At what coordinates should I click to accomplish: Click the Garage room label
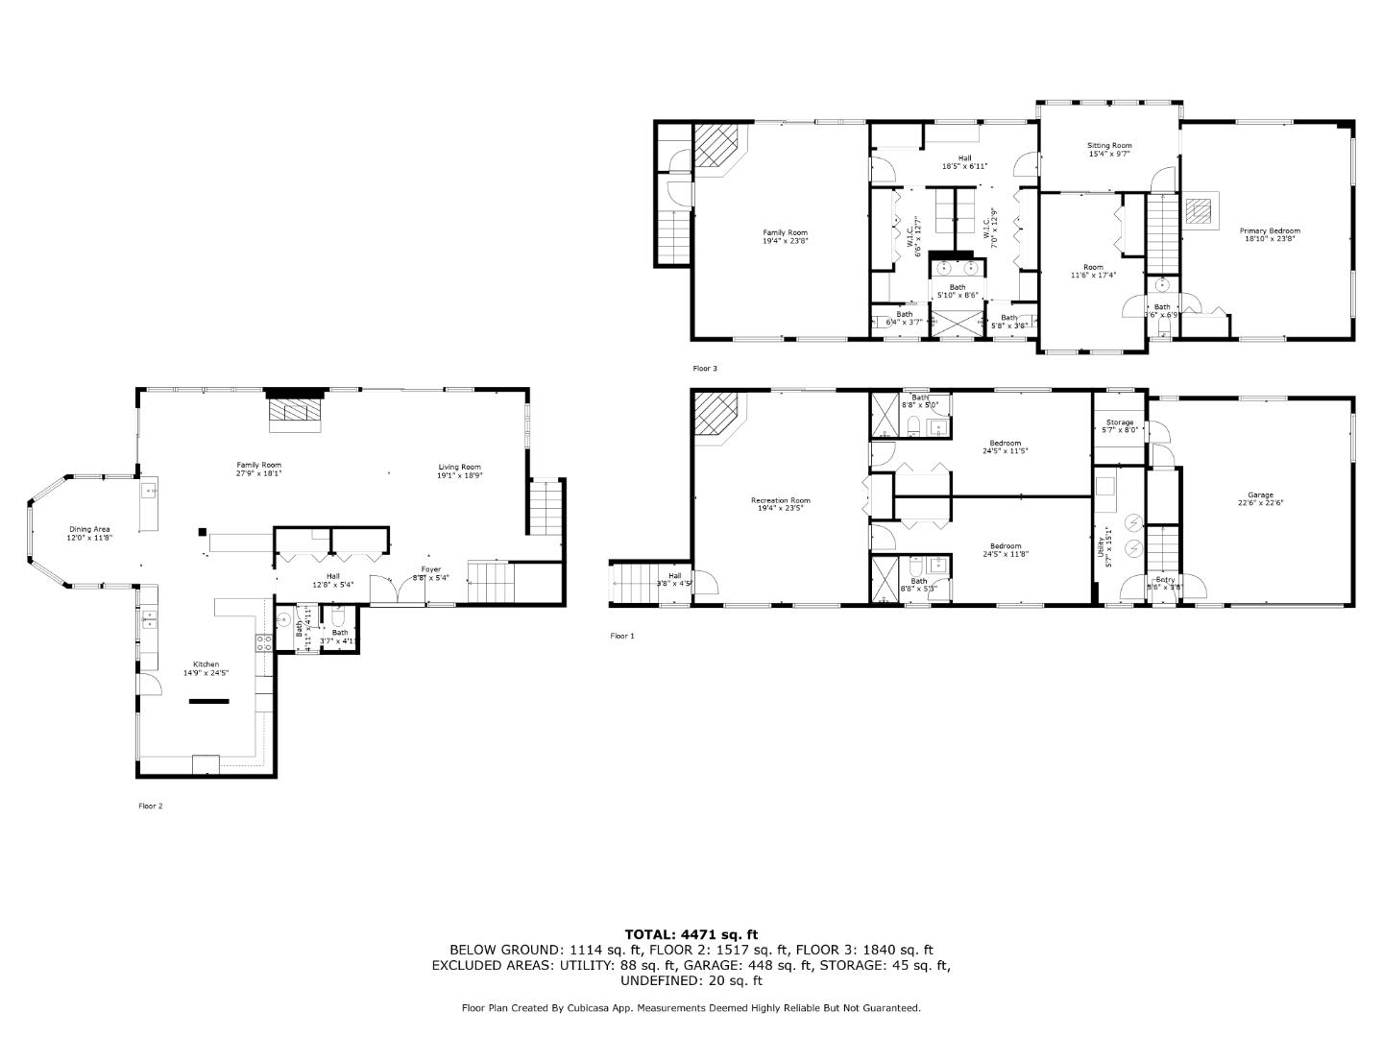1260,494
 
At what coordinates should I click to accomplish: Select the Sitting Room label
1109,146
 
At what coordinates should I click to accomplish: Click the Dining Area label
89,529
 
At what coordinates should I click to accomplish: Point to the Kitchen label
206,664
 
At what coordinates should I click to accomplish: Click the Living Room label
459,468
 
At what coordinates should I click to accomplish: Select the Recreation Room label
780,500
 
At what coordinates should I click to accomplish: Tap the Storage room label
1119,422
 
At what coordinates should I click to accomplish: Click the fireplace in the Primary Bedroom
1198,209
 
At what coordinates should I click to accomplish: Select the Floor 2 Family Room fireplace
296,410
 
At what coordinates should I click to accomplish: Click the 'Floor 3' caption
705,368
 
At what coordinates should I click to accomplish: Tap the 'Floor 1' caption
622,636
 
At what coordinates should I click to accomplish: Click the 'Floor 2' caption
151,806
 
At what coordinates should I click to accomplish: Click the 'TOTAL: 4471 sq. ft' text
691,933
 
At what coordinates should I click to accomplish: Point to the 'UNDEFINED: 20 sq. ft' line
691,980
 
